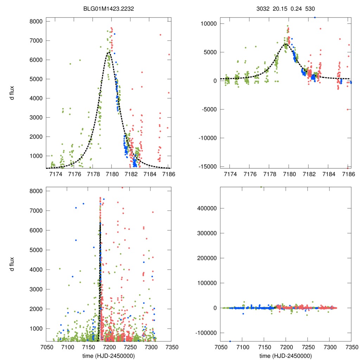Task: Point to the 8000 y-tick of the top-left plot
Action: click(36, 21)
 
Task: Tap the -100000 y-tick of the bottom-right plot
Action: click(205, 333)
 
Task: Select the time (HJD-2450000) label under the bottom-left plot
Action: click(108, 355)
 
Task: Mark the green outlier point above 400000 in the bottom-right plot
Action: click(261, 187)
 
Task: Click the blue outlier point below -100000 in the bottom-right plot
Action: click(230, 341)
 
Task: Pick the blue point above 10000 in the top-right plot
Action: click(315, 17)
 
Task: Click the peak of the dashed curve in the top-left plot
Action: click(108, 52)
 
